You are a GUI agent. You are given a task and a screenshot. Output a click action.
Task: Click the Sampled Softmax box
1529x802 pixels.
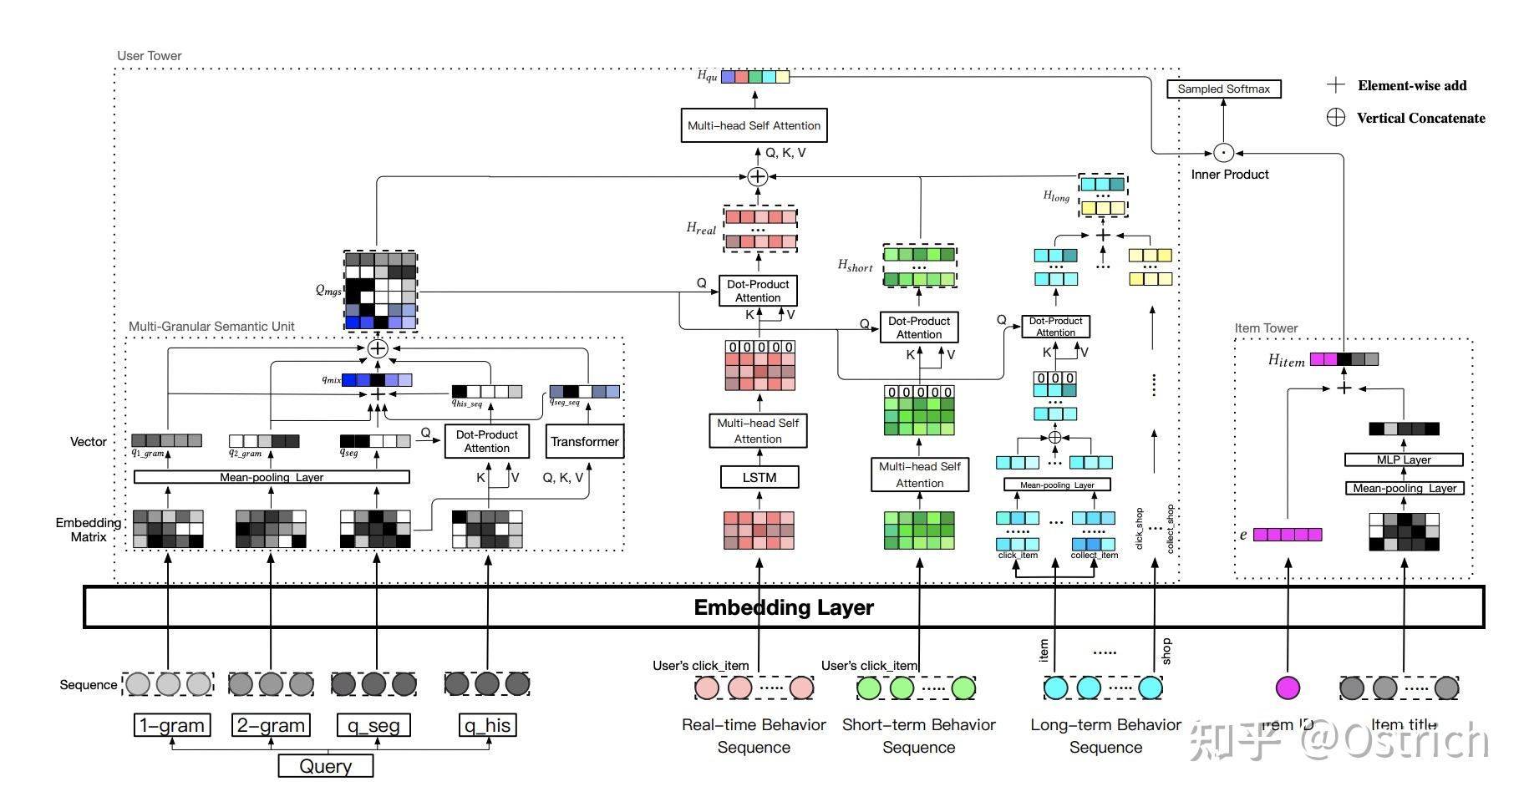[1223, 89]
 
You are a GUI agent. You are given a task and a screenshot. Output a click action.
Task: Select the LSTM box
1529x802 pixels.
[759, 477]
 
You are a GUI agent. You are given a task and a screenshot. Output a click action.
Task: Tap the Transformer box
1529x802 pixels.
[585, 441]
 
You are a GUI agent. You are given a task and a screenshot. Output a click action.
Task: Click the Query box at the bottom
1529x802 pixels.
[325, 766]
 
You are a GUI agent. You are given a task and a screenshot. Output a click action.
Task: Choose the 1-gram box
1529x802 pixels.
[172, 725]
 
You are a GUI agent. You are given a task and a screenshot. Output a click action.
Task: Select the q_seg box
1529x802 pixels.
[373, 725]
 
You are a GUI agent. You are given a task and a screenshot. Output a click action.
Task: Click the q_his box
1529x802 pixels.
[488, 725]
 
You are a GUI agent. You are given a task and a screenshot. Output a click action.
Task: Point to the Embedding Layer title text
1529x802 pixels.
[784, 607]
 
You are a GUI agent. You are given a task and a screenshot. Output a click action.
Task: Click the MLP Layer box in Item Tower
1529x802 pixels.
[1404, 459]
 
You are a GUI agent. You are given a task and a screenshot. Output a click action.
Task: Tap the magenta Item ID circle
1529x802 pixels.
[1288, 688]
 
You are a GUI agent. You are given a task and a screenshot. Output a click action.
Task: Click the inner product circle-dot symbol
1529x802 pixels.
[1223, 153]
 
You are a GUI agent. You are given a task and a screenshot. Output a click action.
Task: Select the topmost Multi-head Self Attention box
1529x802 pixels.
[754, 125]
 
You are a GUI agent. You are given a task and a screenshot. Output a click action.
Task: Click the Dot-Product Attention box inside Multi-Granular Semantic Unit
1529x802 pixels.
[487, 441]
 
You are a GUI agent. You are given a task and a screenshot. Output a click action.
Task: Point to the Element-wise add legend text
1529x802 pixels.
[1412, 85]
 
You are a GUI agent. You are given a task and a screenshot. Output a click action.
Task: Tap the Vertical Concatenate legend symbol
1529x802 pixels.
[1336, 118]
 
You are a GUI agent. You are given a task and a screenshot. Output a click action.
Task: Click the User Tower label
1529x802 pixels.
[150, 56]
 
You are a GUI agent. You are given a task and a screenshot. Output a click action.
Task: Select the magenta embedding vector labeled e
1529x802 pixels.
[1288, 535]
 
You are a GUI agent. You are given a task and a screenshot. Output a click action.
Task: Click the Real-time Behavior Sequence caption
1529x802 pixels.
[754, 735]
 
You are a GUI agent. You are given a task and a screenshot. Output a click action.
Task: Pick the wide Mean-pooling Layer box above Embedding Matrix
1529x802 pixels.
[272, 477]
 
